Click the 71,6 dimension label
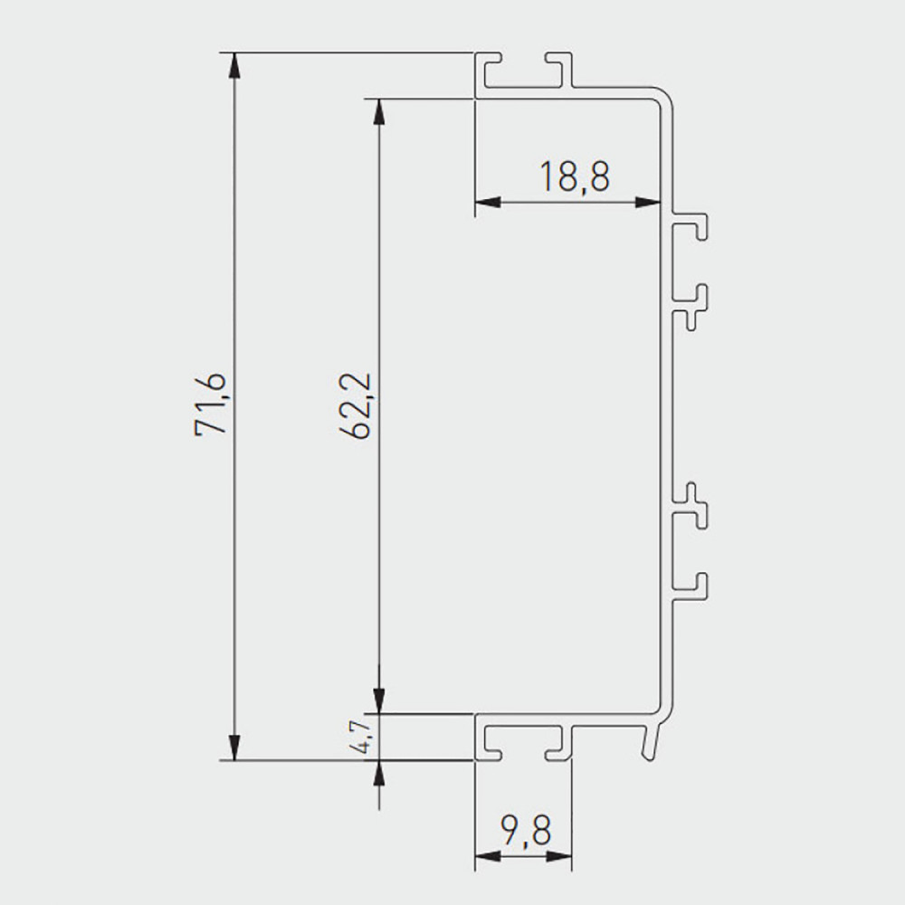[x=211, y=404]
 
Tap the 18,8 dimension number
[x=575, y=176]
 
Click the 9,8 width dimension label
[x=527, y=830]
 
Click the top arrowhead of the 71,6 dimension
[x=233, y=64]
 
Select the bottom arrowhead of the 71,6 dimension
[x=233, y=748]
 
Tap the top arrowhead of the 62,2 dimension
[x=378, y=111]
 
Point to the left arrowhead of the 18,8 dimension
[x=487, y=202]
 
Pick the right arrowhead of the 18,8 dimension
[x=648, y=202]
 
